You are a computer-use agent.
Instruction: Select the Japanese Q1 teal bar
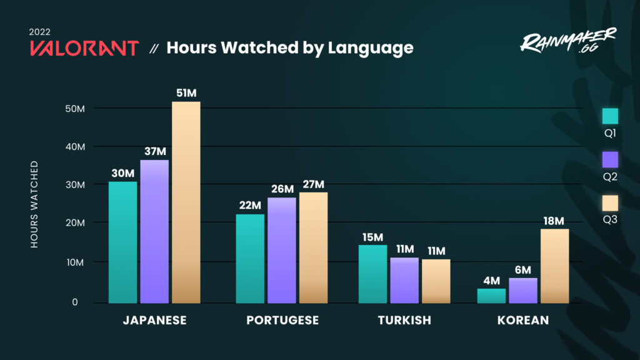[x=122, y=242]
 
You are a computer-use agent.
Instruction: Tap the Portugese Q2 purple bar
[x=281, y=250]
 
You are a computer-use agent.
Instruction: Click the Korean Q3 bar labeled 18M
[x=554, y=266]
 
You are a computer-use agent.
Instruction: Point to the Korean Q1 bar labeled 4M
[x=491, y=296]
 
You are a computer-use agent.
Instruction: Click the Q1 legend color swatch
[x=610, y=116]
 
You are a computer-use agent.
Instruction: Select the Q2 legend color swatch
[x=610, y=159]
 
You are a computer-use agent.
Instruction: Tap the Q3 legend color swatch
[x=610, y=203]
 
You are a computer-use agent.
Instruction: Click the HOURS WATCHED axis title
[x=34, y=204]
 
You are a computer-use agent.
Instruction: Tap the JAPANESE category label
[x=154, y=320]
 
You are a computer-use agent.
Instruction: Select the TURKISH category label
[x=404, y=320]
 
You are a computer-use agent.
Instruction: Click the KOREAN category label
[x=523, y=320]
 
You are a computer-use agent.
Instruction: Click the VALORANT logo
[x=84, y=48]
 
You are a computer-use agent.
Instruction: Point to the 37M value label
[x=154, y=151]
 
